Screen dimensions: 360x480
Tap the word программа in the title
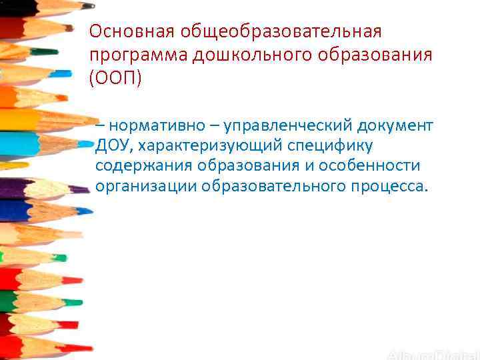coord(139,55)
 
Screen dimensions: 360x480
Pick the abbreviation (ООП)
coord(115,78)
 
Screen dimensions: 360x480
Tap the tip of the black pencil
coord(91,6)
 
